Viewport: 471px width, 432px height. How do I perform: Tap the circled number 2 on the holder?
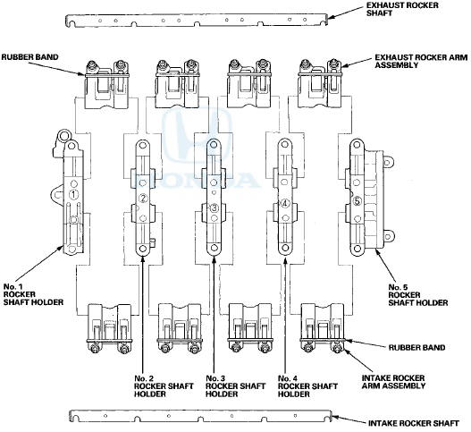coord(143,198)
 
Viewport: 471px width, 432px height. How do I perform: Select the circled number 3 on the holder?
coord(214,208)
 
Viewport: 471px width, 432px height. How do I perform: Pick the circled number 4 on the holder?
coord(284,203)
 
